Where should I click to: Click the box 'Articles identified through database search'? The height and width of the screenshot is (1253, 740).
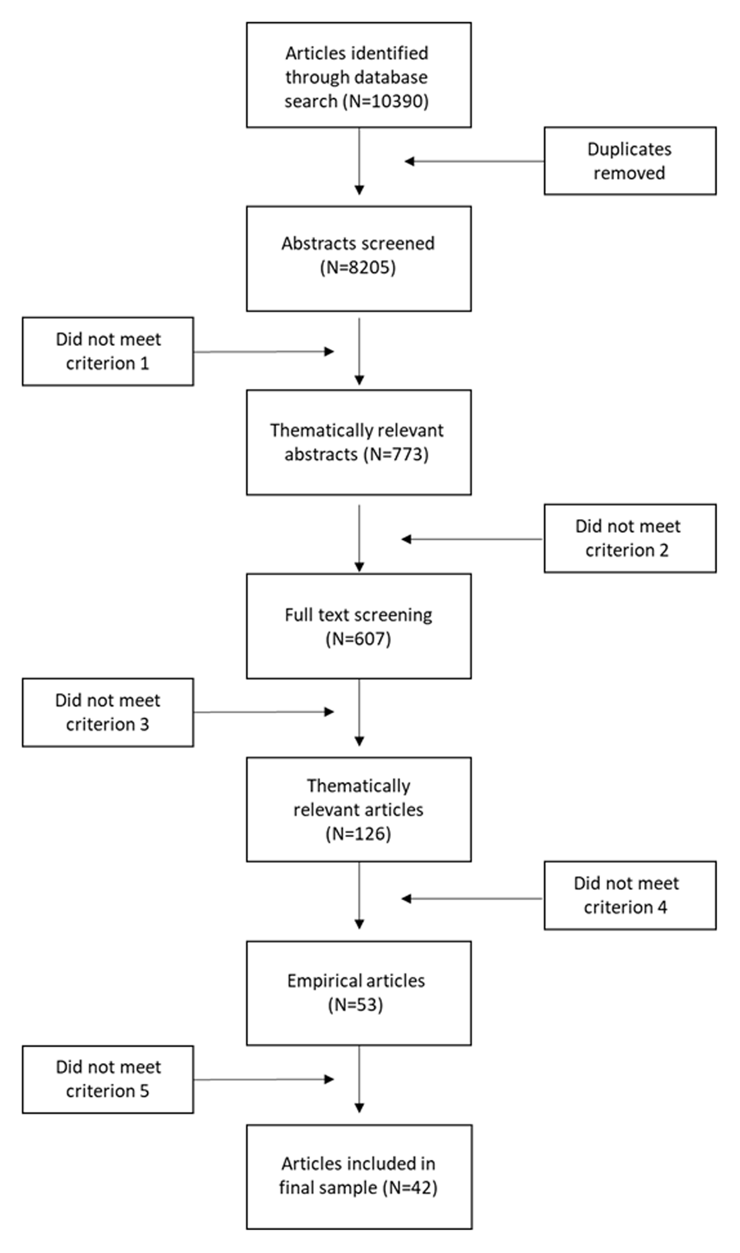(x=359, y=75)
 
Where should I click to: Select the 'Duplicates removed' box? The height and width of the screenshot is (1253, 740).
(x=630, y=161)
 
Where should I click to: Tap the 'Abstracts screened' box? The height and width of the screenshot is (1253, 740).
(x=359, y=258)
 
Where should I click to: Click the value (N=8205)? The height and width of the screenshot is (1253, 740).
(x=358, y=268)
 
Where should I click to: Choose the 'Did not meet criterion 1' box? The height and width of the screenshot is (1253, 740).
(x=108, y=351)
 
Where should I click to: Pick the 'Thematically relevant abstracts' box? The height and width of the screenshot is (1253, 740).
(x=359, y=442)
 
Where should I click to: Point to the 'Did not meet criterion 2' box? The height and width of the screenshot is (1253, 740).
(x=630, y=538)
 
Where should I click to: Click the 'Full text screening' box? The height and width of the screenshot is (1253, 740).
(x=359, y=626)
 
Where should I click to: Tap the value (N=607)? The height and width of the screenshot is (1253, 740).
(x=358, y=639)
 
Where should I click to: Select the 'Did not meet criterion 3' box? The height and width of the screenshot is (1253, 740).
(x=108, y=712)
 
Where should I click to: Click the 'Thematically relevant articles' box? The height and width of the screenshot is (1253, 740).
(x=359, y=809)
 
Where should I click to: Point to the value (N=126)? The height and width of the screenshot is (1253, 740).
(x=358, y=834)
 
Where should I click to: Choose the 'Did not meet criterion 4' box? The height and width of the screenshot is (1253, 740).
(x=630, y=895)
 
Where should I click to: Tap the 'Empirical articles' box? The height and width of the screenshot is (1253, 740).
(x=359, y=993)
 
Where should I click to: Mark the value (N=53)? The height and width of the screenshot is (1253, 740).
(x=356, y=1005)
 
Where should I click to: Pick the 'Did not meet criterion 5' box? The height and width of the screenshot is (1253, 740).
(x=108, y=1079)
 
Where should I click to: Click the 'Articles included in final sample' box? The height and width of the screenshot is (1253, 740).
(x=359, y=1177)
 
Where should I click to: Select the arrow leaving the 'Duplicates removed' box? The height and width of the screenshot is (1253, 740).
(x=474, y=162)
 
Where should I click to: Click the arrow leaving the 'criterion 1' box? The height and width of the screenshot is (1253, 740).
(x=264, y=351)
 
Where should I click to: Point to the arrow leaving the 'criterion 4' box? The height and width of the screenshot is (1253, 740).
(x=472, y=898)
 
